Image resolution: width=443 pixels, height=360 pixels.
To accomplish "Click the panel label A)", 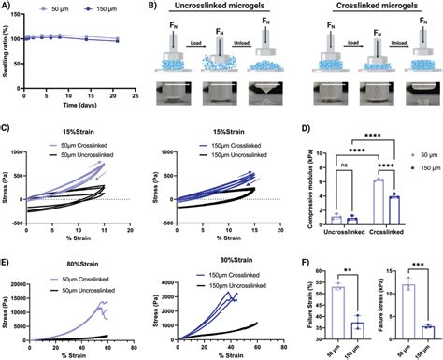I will click(x=7, y=6).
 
